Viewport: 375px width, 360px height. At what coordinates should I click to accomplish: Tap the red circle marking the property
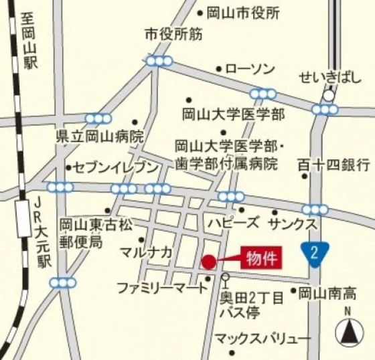209,262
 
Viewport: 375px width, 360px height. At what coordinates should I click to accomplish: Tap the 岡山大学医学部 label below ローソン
234,113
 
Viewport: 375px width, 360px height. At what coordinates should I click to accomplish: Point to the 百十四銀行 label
333,163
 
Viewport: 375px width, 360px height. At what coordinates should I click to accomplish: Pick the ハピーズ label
232,221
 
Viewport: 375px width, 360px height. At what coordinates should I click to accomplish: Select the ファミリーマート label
162,288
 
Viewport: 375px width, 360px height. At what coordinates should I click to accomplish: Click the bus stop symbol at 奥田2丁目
225,276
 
